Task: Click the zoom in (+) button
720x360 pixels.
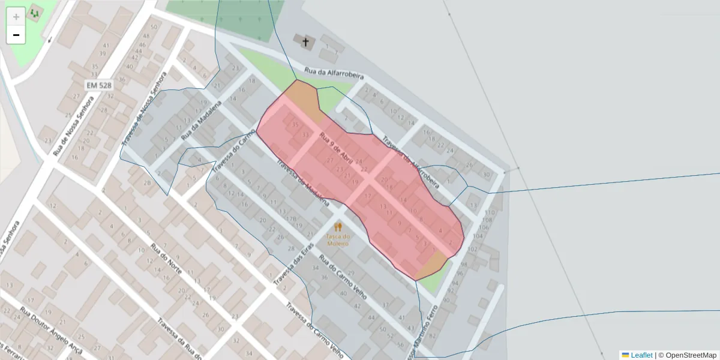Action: pyautogui.click(x=16, y=16)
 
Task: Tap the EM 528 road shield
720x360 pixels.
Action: pyautogui.click(x=98, y=86)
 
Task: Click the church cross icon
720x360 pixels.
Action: pyautogui.click(x=305, y=41)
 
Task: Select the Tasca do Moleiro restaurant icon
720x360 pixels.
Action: pyautogui.click(x=338, y=227)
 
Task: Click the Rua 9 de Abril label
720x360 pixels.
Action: pyautogui.click(x=336, y=148)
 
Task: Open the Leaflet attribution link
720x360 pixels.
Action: pyautogui.click(x=641, y=355)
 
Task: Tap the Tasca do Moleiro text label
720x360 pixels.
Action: pyautogui.click(x=338, y=239)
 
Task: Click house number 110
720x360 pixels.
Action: pyautogui.click(x=490, y=212)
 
